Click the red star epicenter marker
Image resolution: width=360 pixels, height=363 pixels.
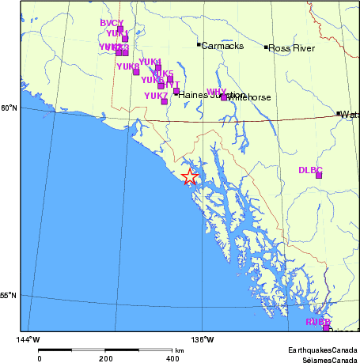pos(190,176)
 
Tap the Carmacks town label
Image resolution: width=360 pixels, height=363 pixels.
pos(222,46)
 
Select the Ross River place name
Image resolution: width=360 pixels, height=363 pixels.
pos(292,48)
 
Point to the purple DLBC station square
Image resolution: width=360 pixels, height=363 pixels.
pos(319,175)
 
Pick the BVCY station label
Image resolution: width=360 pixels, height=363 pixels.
pos(112,24)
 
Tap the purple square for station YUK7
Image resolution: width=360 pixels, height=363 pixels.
pos(165,101)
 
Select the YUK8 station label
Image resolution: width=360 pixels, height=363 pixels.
pos(127,67)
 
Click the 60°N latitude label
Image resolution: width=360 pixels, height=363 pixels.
pos(9,108)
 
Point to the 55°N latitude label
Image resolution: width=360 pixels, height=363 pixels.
pos(9,296)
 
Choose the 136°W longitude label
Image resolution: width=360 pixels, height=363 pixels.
pos(203,340)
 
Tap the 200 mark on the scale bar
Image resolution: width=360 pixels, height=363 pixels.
pos(107,358)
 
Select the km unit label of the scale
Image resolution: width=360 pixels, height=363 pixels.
pos(180,350)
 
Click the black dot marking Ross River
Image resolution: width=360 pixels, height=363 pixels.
pos(266,47)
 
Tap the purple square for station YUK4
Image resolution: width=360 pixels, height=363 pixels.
pos(158,68)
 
